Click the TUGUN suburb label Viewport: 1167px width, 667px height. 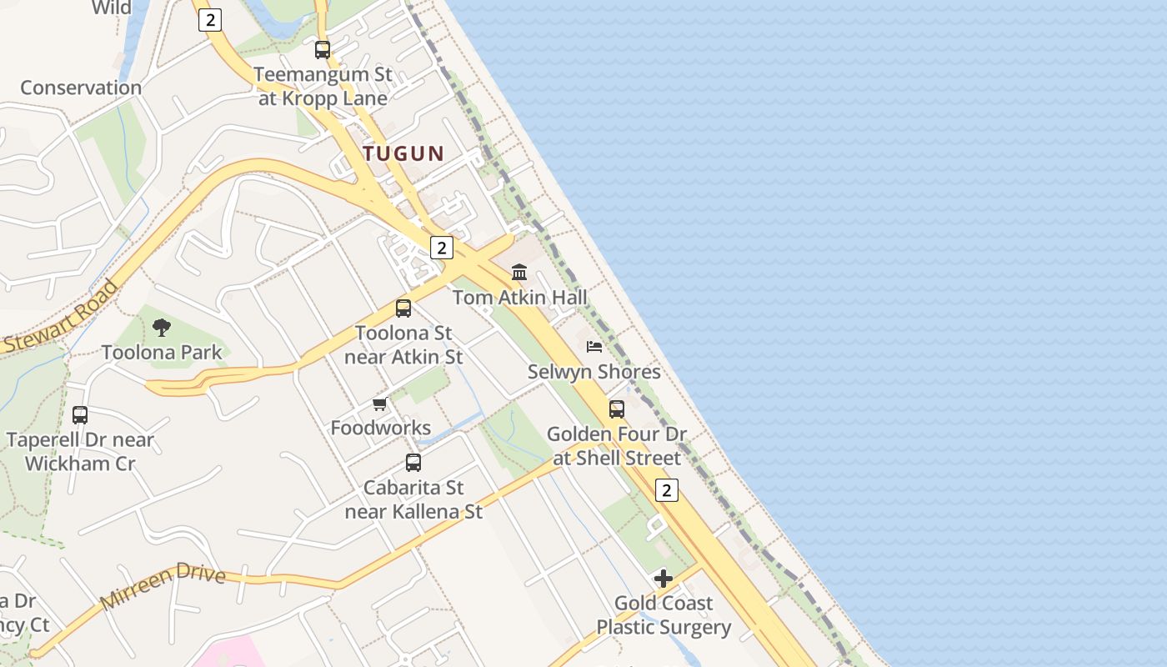[x=403, y=153]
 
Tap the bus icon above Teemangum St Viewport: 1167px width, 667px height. [x=323, y=50]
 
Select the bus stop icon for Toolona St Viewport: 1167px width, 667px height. [x=403, y=308]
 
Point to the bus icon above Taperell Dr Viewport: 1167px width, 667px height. [x=80, y=414]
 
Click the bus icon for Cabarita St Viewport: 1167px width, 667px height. [x=413, y=463]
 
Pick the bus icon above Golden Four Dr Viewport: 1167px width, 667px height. [x=617, y=409]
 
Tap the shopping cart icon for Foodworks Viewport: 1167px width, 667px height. [x=380, y=404]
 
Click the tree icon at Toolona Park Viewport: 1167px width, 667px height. [x=162, y=328]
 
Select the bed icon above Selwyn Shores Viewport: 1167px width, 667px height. [x=594, y=347]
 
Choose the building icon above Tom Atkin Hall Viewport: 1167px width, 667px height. [x=519, y=273]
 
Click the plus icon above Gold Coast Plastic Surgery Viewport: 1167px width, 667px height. [x=664, y=579]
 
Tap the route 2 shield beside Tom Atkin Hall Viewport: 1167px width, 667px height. [x=441, y=248]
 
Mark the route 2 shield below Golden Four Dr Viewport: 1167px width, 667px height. [x=666, y=490]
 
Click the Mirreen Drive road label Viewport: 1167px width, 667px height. [x=163, y=585]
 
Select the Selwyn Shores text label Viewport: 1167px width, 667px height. [x=594, y=372]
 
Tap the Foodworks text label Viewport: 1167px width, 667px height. [x=381, y=429]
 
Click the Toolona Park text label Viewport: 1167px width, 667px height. [x=162, y=353]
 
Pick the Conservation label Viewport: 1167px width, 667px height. [x=81, y=88]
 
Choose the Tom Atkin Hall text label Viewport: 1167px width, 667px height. [x=520, y=298]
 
